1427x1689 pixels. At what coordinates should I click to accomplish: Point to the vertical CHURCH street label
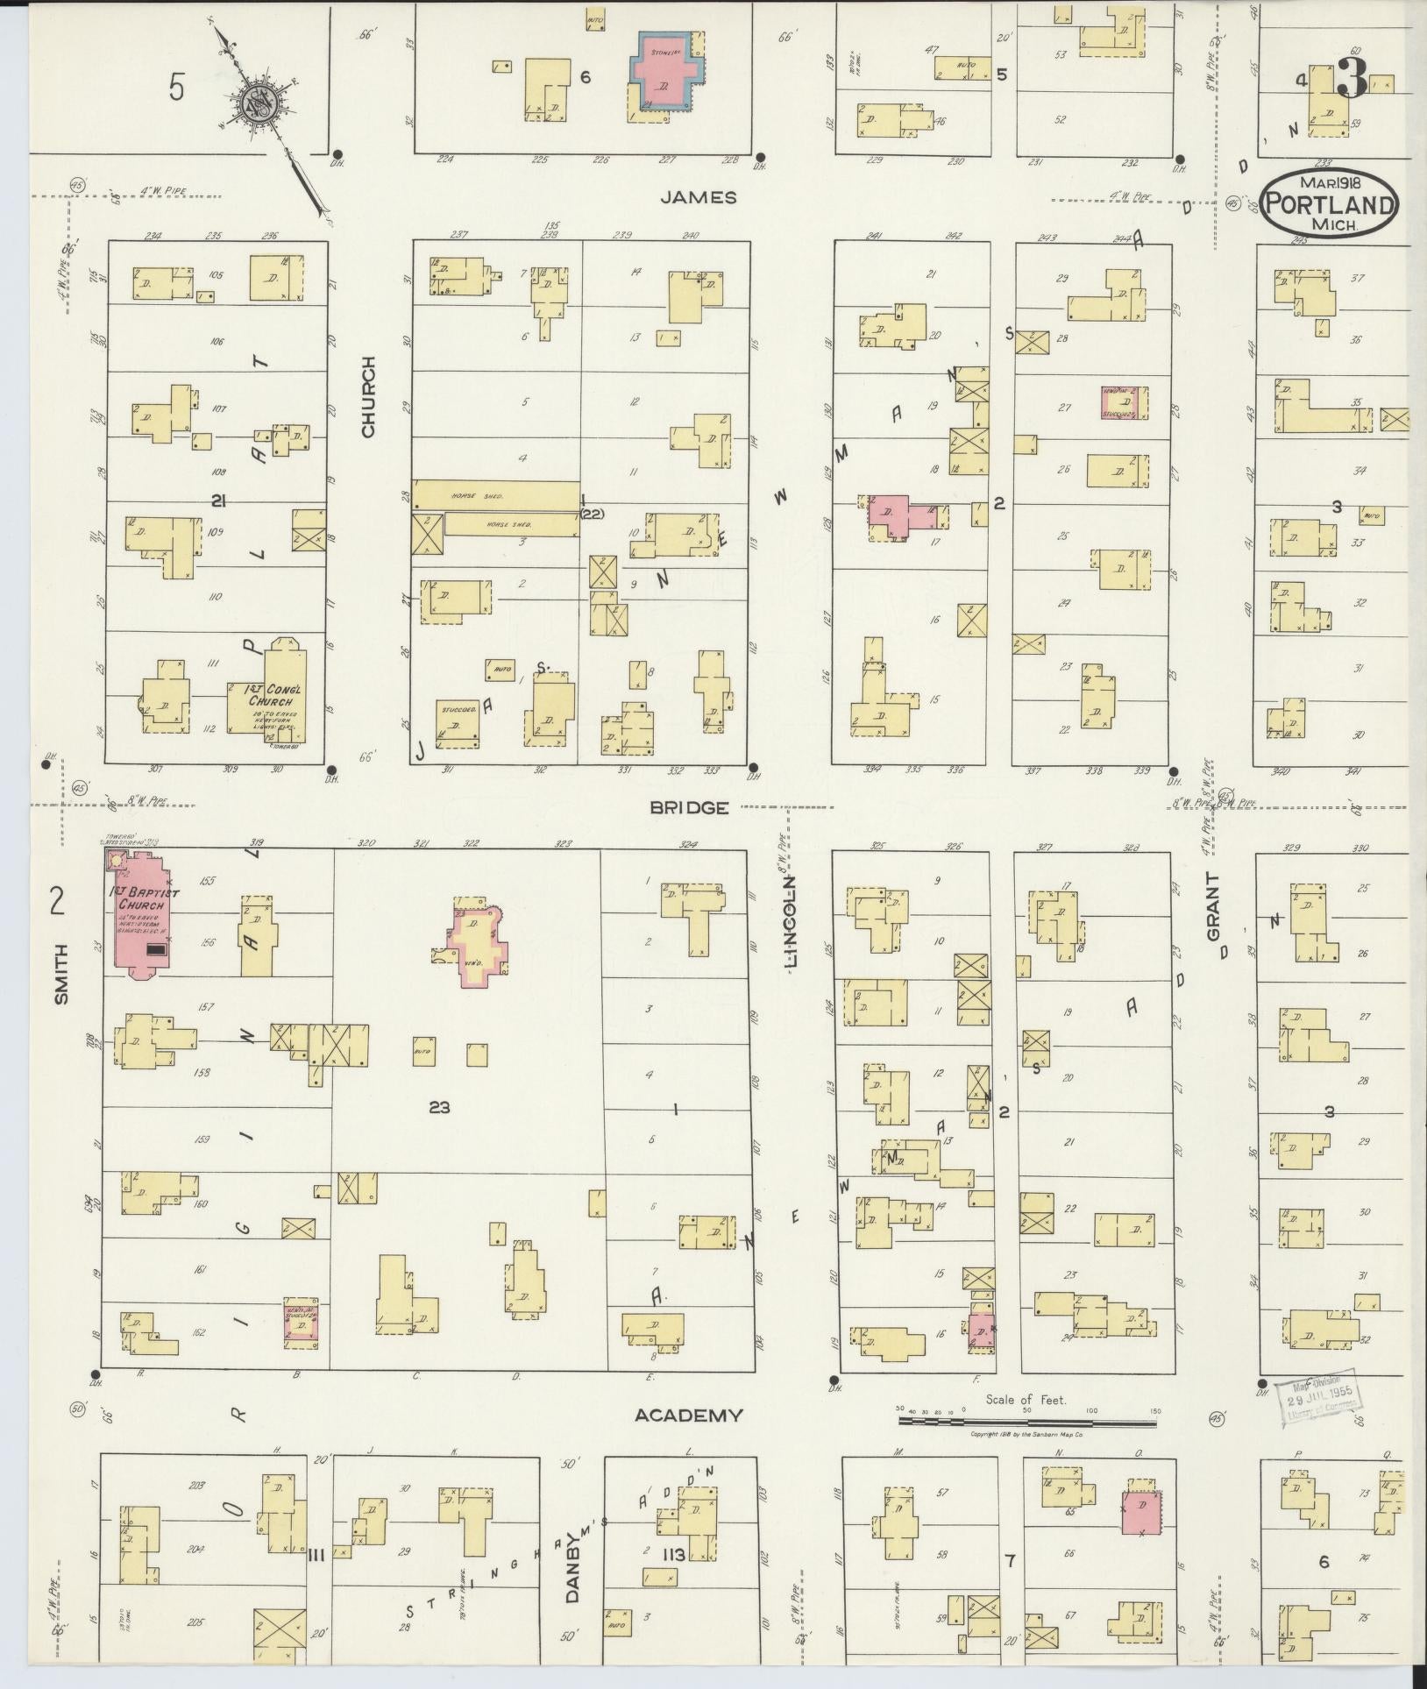point(367,397)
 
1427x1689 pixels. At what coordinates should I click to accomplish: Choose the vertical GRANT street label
point(1214,907)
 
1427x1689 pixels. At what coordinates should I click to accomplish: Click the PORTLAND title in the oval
point(1331,206)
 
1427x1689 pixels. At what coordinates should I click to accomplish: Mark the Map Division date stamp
point(1319,1396)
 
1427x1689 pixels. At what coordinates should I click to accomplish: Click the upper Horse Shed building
point(496,495)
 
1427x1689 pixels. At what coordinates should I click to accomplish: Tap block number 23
point(439,1108)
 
